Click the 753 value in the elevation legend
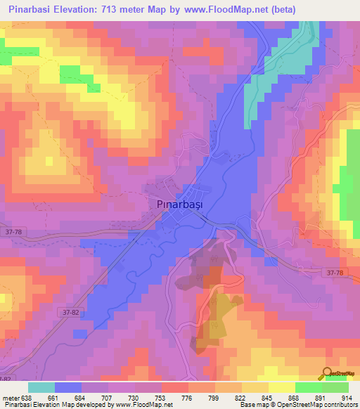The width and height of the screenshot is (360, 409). tap(160, 397)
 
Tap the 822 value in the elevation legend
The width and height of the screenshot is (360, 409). tap(241, 397)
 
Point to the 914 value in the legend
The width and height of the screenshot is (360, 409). tap(347, 397)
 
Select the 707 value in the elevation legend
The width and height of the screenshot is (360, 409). tap(108, 397)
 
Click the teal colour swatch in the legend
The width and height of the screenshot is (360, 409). tap(41, 387)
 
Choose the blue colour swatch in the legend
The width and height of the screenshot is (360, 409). tap(68, 387)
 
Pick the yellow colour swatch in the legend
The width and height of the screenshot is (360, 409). tap(281, 387)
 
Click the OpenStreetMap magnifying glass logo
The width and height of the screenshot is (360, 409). tap(328, 373)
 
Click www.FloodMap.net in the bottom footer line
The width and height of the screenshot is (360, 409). tap(144, 405)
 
